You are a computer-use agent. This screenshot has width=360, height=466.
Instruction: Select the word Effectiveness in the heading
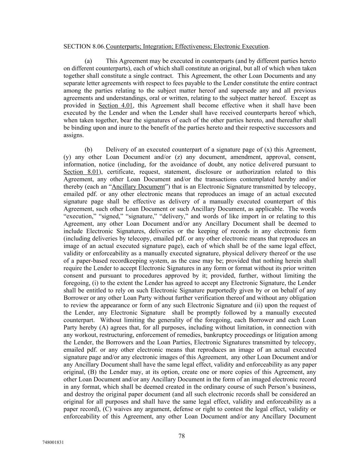pyautogui.click(x=192, y=46)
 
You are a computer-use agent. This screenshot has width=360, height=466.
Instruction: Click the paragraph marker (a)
pyautogui.click(x=88, y=61)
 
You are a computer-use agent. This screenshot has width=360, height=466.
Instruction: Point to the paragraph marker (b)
pyautogui.click(x=88, y=150)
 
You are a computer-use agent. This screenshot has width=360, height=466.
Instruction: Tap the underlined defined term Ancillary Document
pyautogui.click(x=138, y=187)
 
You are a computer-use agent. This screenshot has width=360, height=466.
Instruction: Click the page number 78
pyautogui.click(x=182, y=436)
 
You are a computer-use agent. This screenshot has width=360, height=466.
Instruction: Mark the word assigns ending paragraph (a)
pyautogui.click(x=73, y=135)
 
